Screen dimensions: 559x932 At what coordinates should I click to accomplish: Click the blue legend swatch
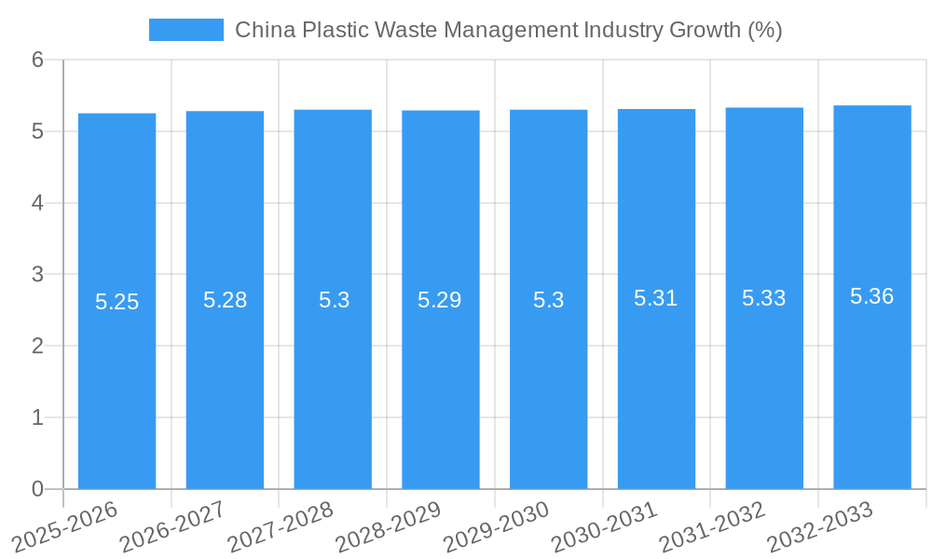tap(186, 30)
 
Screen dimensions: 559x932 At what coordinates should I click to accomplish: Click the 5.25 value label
tap(116, 302)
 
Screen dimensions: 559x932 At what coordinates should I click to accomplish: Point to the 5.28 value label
tap(225, 300)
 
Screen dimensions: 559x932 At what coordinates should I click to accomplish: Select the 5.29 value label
tap(440, 300)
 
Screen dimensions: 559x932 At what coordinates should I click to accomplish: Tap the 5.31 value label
tap(656, 298)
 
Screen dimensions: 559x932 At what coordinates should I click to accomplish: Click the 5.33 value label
tap(764, 298)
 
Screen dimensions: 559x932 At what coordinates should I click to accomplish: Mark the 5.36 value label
tap(872, 296)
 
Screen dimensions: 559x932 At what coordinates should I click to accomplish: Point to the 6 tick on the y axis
tap(37, 60)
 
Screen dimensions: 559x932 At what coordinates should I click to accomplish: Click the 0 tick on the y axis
tap(37, 489)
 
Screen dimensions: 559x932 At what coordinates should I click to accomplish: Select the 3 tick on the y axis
tap(37, 275)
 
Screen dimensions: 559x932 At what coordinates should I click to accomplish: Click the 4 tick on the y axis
tap(37, 203)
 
